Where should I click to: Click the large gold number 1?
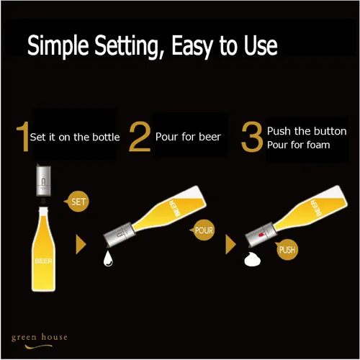click(23, 136)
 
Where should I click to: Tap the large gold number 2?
click(140, 136)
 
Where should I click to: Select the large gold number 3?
click(252, 137)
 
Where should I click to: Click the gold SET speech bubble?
click(77, 202)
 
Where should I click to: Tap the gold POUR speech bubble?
click(203, 230)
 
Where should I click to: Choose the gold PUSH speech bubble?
click(286, 250)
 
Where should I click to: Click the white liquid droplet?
click(108, 258)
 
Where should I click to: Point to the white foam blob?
click(252, 259)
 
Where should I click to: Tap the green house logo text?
click(40, 337)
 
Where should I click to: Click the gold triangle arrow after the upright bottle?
click(81, 244)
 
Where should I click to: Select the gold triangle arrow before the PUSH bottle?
click(230, 244)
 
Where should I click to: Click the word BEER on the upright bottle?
click(43, 261)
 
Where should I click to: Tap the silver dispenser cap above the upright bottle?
click(43, 180)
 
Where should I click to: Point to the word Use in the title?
click(261, 45)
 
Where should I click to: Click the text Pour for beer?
click(188, 137)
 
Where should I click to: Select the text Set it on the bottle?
click(75, 137)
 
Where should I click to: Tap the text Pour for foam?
click(299, 145)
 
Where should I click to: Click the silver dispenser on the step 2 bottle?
click(119, 235)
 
